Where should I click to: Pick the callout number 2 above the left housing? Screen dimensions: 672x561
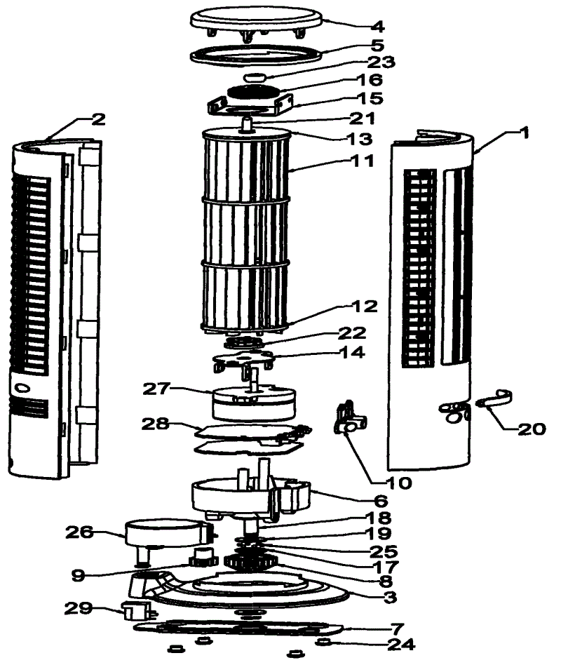pyautogui.click(x=97, y=119)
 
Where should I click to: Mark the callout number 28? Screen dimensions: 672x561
pyautogui.click(x=157, y=425)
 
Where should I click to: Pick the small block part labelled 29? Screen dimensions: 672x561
pyautogui.click(x=135, y=611)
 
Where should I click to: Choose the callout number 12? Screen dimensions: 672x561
pyautogui.click(x=365, y=307)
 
